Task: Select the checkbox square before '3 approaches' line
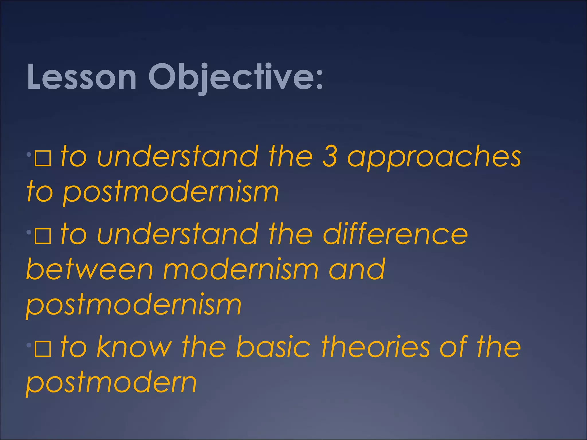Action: click(43, 158)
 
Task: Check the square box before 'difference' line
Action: click(43, 236)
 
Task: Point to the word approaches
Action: click(434, 158)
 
